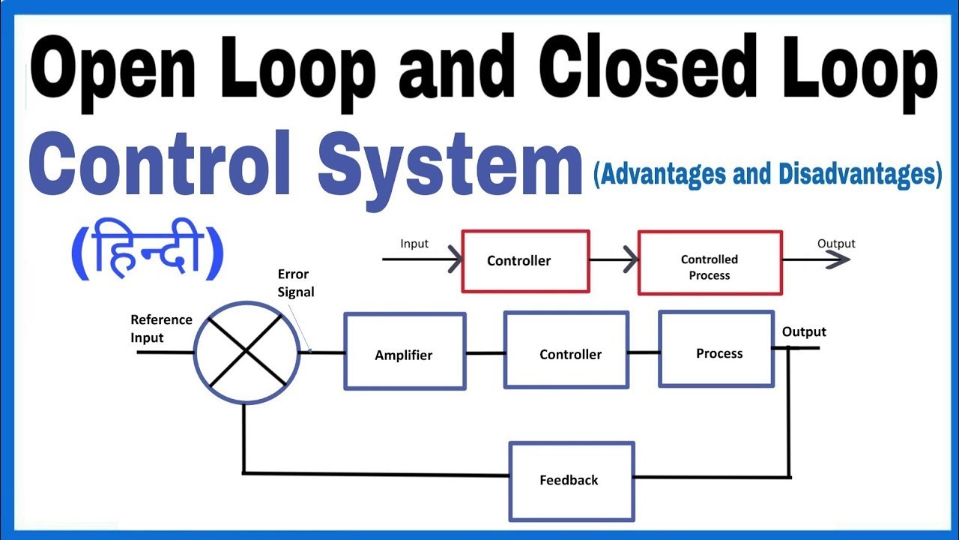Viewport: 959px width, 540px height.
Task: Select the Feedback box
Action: (572, 481)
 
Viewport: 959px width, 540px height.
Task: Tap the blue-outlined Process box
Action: (716, 349)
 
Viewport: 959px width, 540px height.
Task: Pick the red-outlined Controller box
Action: (525, 260)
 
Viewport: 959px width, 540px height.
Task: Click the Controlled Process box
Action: (710, 262)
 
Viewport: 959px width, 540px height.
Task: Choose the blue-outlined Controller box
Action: (566, 350)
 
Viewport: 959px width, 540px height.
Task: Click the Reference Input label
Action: (161, 328)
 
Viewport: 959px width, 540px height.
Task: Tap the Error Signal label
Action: (295, 283)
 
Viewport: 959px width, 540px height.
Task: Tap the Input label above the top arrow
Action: (414, 244)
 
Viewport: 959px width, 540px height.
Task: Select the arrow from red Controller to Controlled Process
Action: (613, 260)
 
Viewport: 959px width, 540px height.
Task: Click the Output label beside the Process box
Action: (804, 331)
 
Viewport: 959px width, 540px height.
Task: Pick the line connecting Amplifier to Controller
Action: (485, 352)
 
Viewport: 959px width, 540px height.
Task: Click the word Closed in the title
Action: (634, 72)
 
